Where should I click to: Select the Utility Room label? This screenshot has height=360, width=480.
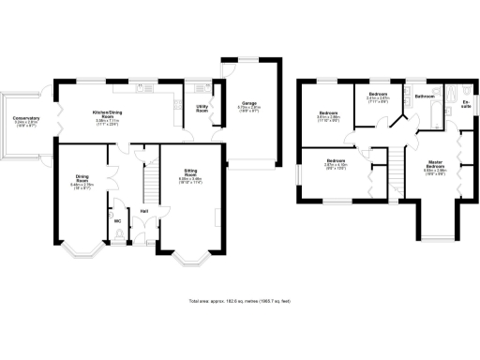(202, 110)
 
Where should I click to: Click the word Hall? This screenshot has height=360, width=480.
(144, 211)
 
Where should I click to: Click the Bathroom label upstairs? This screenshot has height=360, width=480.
(425, 96)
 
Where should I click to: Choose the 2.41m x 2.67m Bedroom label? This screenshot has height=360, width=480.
(378, 96)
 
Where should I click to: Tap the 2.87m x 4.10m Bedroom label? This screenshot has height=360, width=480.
(336, 163)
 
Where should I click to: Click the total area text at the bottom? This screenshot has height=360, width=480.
(240, 301)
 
